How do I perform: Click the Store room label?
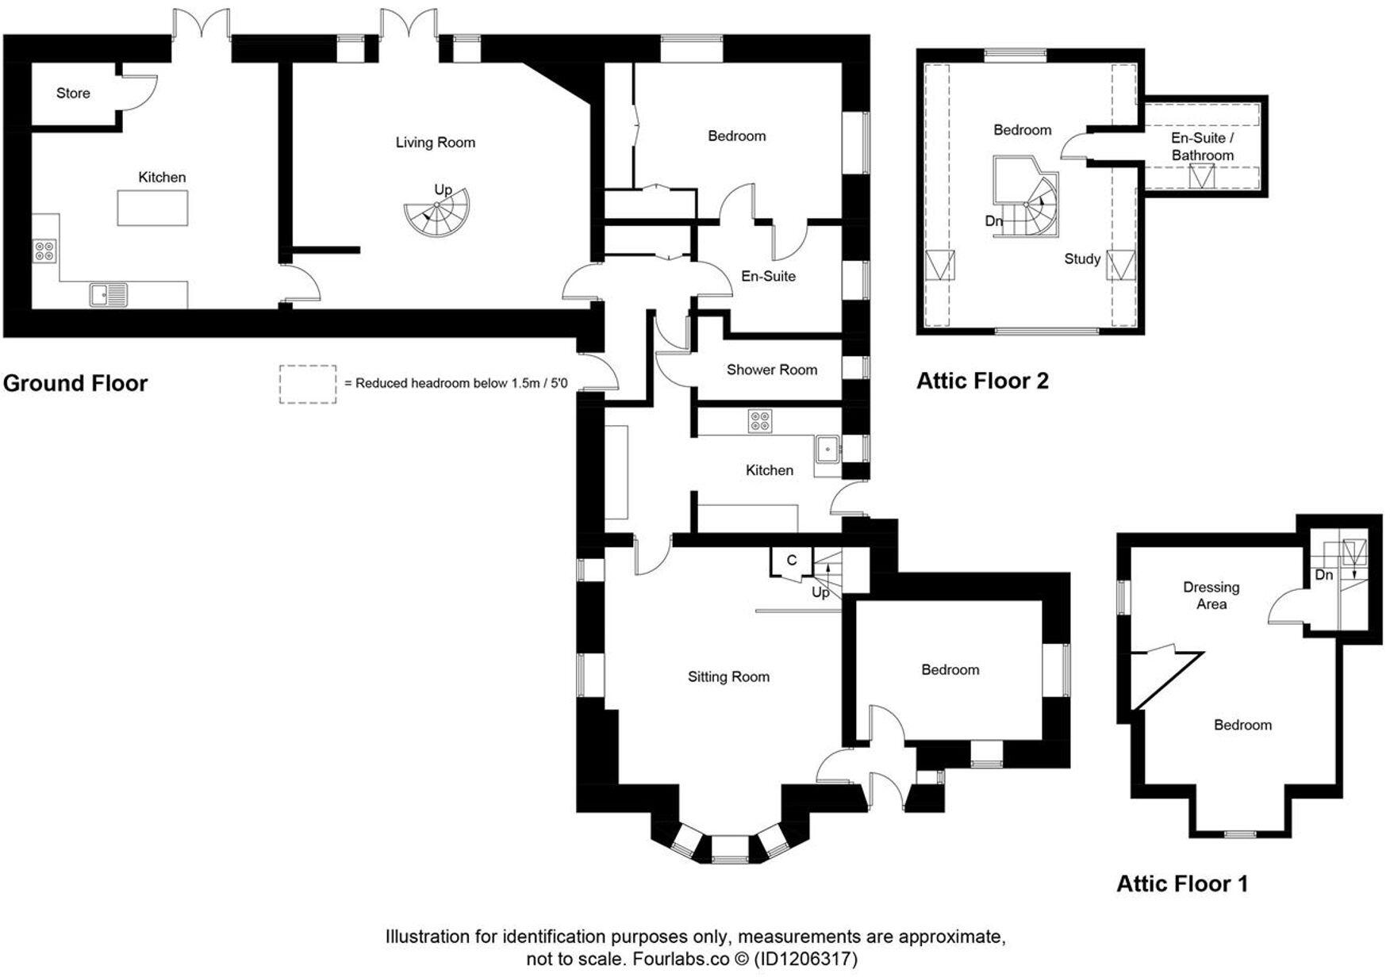(x=73, y=94)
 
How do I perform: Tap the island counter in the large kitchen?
(x=153, y=208)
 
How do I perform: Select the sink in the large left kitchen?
(x=109, y=295)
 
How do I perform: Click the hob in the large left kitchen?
(x=45, y=251)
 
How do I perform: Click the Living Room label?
(x=436, y=143)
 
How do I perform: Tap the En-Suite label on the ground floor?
(x=768, y=276)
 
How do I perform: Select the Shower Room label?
(x=771, y=370)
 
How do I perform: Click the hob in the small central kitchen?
(x=759, y=421)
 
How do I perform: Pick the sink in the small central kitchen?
(x=828, y=450)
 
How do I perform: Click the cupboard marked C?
(x=791, y=561)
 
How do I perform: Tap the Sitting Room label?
(x=728, y=676)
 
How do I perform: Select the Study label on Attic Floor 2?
(x=1082, y=259)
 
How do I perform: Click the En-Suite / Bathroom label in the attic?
(x=1202, y=147)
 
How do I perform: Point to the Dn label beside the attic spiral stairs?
(x=994, y=221)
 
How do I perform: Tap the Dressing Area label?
(x=1211, y=596)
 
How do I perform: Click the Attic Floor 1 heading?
(x=1182, y=883)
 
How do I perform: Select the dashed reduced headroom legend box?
(x=308, y=384)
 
